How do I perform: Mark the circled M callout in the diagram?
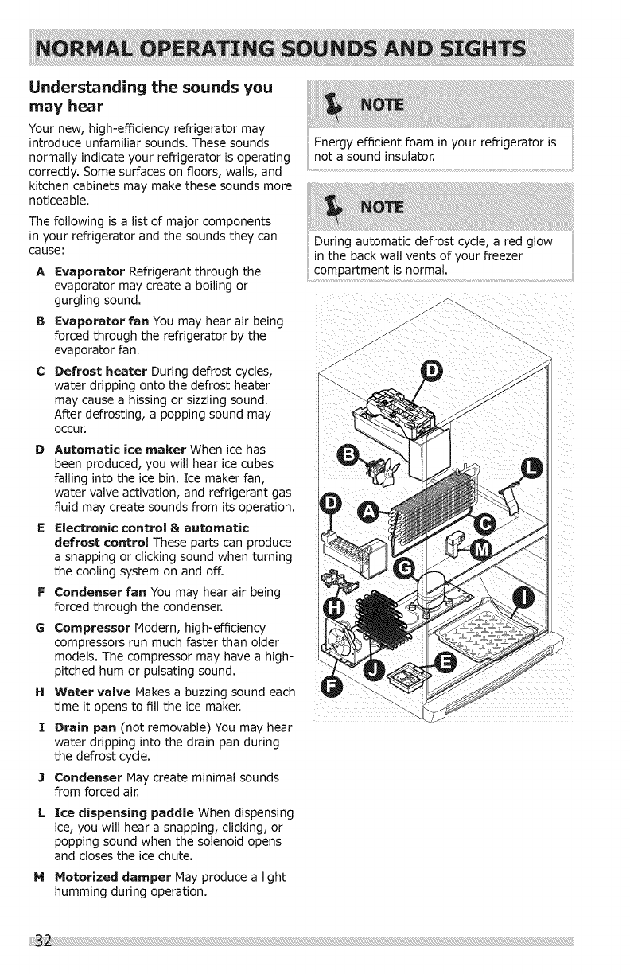(482, 549)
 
